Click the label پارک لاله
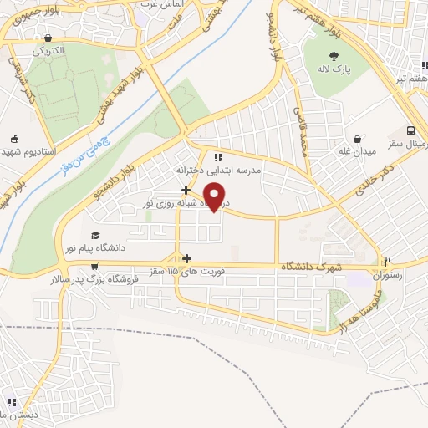coord(334,69)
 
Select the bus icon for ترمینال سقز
coord(411,131)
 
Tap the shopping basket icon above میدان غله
coord(358,139)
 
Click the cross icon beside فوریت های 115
coord(187,259)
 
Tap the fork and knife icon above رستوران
coord(387,262)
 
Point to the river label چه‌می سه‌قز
coord(86,154)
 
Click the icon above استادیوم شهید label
coord(14,139)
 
